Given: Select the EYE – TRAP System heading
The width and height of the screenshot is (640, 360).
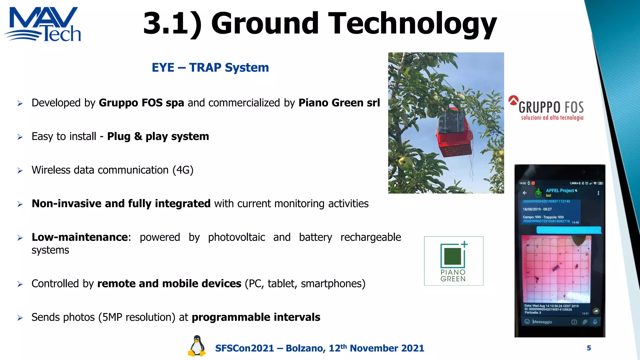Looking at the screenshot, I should coord(210,67).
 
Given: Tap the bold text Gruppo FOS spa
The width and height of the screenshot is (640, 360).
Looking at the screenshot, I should coord(141,103).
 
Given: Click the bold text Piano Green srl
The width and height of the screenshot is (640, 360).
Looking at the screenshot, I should coord(339,103).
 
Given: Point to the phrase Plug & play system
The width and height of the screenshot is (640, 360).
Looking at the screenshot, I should coord(158,137).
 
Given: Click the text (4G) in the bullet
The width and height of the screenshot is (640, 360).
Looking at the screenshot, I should coord(183,170).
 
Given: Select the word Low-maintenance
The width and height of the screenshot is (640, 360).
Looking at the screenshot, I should coord(80,237).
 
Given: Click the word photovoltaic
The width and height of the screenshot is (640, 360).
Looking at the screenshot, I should coord(236,237).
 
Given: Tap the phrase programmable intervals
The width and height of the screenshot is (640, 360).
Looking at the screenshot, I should coord(256,317).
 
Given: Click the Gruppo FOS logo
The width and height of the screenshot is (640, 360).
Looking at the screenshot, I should coord(546,108).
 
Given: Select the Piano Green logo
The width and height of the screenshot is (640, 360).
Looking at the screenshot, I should coord(453,261).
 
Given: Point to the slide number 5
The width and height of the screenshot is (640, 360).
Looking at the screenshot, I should coord(589,348).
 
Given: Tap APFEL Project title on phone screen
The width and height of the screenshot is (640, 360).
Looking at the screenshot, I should coord(560,191).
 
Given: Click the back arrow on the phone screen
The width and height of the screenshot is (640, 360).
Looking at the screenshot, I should coord(525,193).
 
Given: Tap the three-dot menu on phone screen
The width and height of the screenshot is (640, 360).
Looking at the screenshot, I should coord(598,193).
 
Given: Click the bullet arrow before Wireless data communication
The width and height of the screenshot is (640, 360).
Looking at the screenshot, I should coord(20,171).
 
